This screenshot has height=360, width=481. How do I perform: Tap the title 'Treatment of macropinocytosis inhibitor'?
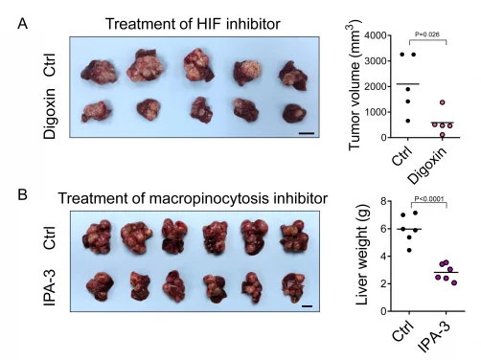click(x=186, y=198)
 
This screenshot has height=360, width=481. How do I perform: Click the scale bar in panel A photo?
click(x=306, y=134)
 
